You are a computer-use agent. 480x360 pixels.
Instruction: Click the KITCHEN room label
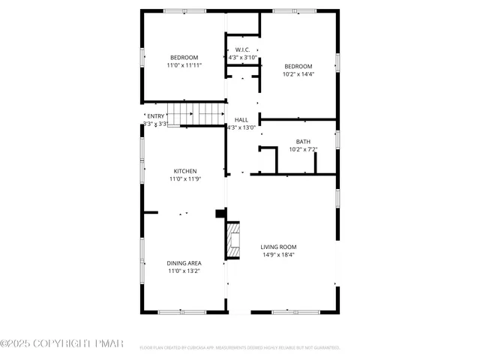click(x=185, y=171)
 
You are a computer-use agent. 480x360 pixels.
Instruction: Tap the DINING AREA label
click(x=183, y=263)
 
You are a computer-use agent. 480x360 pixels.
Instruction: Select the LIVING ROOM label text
click(x=278, y=247)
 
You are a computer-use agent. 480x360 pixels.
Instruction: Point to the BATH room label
click(x=303, y=141)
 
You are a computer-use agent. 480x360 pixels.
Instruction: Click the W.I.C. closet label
click(x=242, y=50)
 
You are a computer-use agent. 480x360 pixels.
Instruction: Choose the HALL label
click(x=241, y=120)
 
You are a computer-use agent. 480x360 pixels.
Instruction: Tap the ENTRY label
click(x=155, y=116)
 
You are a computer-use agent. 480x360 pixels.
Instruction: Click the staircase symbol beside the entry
click(x=196, y=114)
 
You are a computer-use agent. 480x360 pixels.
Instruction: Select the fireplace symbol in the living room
click(x=232, y=241)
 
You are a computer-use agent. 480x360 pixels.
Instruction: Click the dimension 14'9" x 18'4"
click(x=278, y=255)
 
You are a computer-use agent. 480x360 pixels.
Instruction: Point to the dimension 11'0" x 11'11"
click(x=184, y=65)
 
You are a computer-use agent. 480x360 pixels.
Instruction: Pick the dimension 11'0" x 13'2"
click(x=183, y=271)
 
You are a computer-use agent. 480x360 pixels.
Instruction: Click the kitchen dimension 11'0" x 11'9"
click(x=185, y=179)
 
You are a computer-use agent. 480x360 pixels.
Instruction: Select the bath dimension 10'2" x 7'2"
click(x=303, y=149)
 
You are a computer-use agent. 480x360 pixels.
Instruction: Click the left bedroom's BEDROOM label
click(x=184, y=58)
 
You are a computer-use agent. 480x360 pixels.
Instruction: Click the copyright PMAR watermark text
click(x=61, y=343)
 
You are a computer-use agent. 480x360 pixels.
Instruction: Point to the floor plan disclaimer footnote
click(x=240, y=348)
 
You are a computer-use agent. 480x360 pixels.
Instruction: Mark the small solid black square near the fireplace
click(x=220, y=214)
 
